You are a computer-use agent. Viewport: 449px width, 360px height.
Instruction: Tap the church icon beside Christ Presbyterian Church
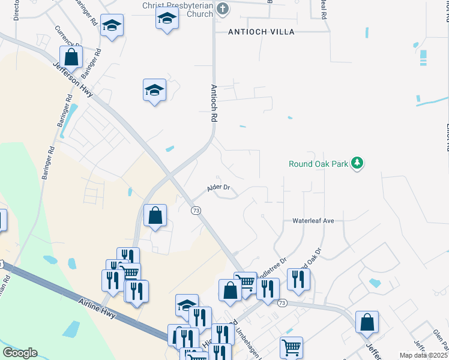tap(223, 8)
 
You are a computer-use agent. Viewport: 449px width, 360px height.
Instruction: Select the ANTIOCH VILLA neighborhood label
tap(261, 32)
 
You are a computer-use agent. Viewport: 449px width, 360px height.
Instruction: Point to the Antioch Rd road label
tap(213, 103)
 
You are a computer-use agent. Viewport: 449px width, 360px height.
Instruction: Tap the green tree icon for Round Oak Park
tap(358, 163)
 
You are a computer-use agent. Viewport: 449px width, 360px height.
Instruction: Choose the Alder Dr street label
tap(218, 188)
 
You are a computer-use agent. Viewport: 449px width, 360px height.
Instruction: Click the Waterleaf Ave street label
tap(313, 221)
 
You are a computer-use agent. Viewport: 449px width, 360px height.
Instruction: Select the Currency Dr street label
tap(67, 36)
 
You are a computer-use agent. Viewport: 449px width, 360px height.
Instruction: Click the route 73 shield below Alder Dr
tap(196, 211)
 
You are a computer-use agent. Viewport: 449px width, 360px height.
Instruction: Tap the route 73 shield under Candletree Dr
tap(283, 303)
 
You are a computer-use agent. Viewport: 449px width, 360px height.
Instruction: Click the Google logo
tap(20, 353)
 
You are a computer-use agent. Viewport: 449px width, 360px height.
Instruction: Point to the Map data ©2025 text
tap(423, 355)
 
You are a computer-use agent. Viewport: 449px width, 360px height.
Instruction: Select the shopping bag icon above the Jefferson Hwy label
tap(71, 57)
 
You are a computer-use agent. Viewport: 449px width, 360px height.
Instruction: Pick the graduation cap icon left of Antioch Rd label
tap(155, 91)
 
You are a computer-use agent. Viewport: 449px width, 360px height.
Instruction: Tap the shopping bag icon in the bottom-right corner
tap(367, 322)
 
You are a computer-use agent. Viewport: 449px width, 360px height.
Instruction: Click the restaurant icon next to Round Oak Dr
tap(298, 278)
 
